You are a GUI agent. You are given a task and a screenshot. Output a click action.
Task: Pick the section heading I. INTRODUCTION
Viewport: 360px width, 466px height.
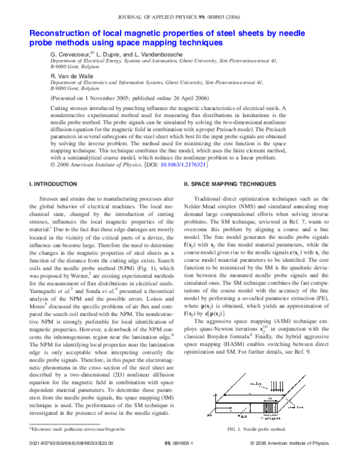point(55,183)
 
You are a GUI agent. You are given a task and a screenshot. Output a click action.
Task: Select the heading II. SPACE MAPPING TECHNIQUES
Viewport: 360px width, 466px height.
point(230,183)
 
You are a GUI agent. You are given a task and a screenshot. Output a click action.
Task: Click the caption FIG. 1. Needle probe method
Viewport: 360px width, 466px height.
point(257,429)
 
